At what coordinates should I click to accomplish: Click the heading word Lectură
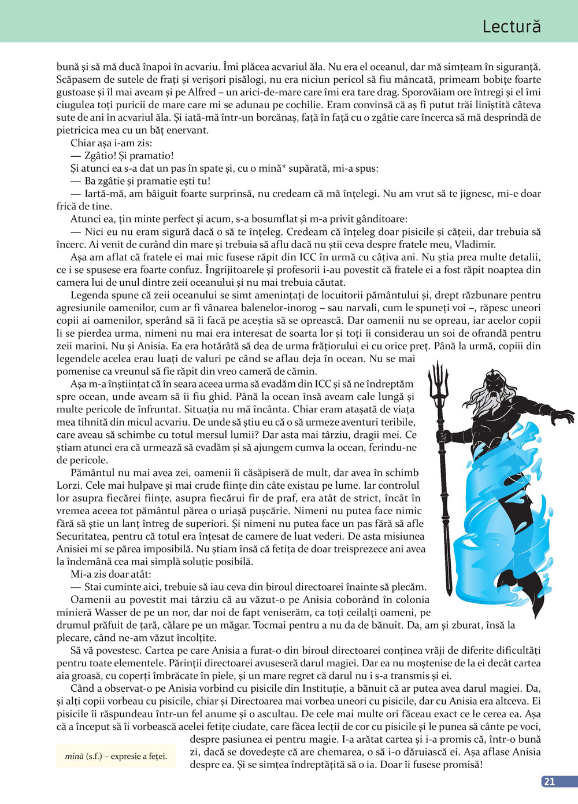(x=511, y=26)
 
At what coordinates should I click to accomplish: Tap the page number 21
(x=550, y=781)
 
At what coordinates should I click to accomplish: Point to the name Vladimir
(x=475, y=244)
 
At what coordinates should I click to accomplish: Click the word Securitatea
(x=85, y=536)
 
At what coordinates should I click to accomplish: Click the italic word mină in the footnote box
(x=74, y=756)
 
